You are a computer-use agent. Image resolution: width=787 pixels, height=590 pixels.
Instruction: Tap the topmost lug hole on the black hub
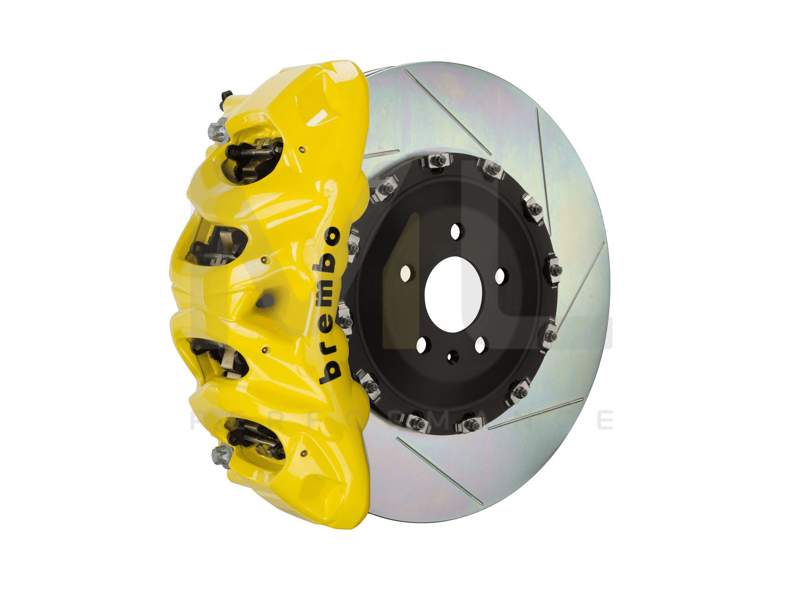tap(456, 231)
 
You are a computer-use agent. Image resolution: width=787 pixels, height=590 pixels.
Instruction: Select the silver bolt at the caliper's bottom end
tap(222, 454)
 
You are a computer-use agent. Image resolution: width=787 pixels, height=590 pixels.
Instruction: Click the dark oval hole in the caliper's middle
tap(266, 300)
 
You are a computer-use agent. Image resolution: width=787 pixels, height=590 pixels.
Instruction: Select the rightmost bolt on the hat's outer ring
tap(554, 270)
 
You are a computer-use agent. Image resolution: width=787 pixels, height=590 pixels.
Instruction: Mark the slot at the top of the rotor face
tap(447, 112)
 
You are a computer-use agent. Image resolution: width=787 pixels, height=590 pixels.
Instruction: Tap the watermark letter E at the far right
tap(605, 420)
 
